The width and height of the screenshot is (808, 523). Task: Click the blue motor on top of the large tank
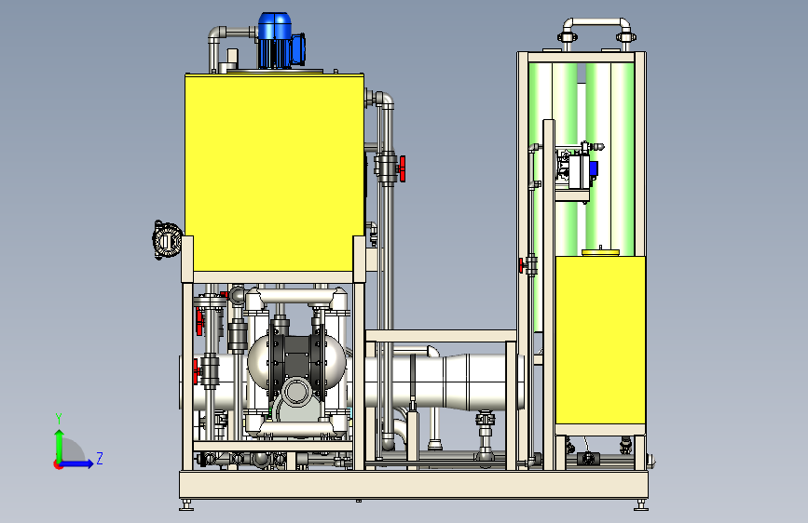(279, 41)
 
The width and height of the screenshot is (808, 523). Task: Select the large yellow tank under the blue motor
(274, 172)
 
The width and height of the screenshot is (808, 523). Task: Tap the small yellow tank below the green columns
(600, 341)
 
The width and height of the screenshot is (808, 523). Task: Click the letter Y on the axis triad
(59, 419)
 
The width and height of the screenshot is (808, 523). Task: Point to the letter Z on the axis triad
(100, 458)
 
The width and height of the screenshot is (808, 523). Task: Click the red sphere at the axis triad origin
(58, 464)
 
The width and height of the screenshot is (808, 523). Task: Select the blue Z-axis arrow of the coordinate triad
(76, 463)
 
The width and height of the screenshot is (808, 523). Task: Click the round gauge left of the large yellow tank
(166, 240)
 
